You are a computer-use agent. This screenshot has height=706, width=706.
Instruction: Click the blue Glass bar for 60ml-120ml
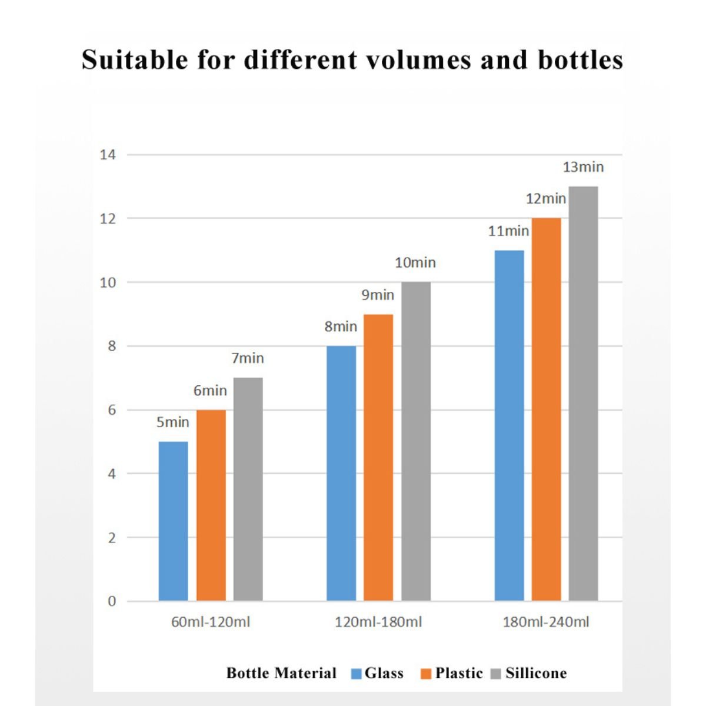coord(174,521)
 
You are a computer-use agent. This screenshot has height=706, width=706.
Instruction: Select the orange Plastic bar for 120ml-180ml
coord(378,457)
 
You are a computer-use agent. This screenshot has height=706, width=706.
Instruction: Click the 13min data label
coord(583,167)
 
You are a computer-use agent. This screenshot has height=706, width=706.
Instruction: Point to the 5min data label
coord(173,422)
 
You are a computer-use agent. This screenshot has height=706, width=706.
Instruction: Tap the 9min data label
coord(378,295)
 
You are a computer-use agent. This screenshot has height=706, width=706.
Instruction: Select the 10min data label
coord(415,263)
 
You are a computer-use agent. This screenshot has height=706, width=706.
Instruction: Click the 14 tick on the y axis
coord(108,155)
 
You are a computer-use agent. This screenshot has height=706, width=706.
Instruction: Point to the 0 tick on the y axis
coord(112,601)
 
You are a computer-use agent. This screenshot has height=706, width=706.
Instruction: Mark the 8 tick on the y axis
coord(112,346)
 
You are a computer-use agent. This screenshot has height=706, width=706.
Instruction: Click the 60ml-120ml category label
coord(211,622)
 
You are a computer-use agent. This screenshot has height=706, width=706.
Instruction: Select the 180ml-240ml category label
coord(546,622)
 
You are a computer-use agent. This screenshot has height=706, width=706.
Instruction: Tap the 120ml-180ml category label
coord(378,622)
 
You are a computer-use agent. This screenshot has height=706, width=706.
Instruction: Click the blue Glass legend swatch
coord(357,674)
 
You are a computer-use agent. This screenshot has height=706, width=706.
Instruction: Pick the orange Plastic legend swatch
coord(427,674)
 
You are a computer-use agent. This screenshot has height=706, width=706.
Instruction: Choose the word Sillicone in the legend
coord(536,673)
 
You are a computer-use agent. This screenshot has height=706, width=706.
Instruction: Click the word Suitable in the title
coord(135,60)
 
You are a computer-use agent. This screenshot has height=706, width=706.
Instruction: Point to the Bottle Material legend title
coord(281,673)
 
